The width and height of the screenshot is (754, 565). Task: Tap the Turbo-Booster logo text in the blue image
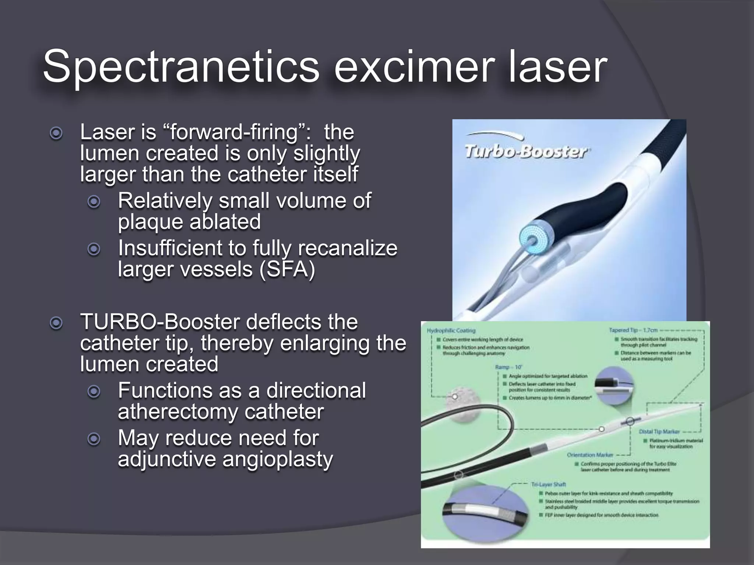(x=525, y=151)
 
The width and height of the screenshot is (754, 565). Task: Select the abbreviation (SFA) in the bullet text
(x=287, y=269)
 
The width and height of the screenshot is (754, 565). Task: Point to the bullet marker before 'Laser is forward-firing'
(x=56, y=133)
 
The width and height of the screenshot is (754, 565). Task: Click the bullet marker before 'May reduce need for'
(x=94, y=439)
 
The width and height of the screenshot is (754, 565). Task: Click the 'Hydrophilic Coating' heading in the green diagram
(x=451, y=331)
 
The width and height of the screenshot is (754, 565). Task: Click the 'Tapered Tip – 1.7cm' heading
(x=633, y=330)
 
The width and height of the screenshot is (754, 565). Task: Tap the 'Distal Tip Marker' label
(x=659, y=431)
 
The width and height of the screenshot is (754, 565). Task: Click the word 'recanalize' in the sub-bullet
(x=348, y=248)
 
